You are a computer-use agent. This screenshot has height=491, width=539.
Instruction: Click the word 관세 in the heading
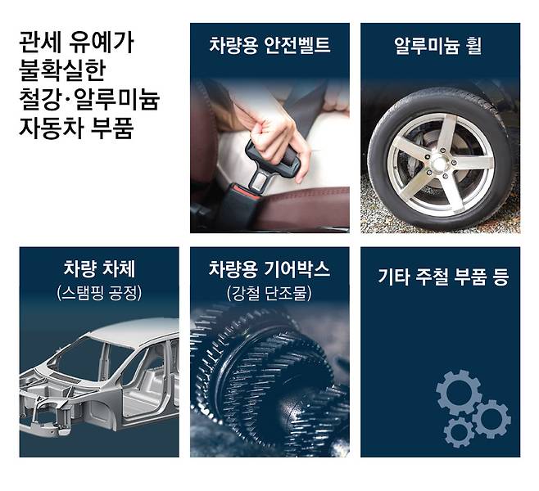[41, 43]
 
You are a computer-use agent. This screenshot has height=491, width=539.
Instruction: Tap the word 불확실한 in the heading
[62, 70]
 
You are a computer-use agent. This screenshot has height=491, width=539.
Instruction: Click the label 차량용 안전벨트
[269, 45]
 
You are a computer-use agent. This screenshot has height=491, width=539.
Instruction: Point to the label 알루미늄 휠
[438, 45]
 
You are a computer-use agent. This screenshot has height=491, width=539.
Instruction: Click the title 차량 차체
[99, 268]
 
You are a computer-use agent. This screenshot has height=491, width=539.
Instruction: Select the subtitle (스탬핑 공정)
[99, 292]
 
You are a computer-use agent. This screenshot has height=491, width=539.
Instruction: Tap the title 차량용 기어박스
[269, 268]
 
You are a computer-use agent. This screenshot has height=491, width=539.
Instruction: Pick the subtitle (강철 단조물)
[269, 292]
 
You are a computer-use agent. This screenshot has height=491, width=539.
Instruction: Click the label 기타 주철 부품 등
[443, 277]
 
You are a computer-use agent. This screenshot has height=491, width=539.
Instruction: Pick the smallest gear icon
[459, 432]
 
